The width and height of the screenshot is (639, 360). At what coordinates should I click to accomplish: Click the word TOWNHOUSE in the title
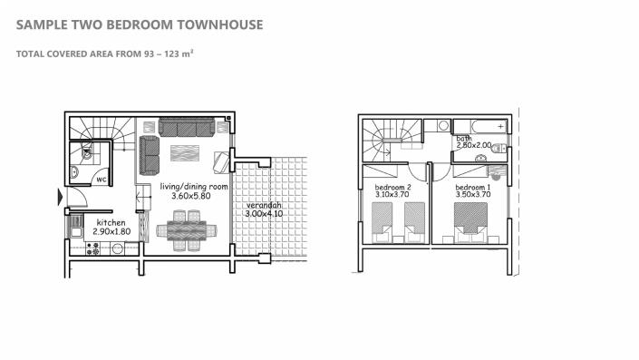220,24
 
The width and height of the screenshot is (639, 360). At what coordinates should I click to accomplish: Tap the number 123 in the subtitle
172,54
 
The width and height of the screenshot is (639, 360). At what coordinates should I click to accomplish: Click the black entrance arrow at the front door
61,197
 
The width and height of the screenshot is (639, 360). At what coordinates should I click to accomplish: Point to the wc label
102,180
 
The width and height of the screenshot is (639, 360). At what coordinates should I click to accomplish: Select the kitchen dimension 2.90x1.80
111,231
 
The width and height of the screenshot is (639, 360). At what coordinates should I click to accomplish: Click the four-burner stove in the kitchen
93,248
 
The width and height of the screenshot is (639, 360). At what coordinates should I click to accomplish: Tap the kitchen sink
76,228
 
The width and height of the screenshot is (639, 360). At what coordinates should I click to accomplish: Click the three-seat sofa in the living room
187,127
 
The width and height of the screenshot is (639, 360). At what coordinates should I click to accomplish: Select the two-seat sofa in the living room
150,155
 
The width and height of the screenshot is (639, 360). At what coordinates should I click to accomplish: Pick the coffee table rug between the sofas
185,153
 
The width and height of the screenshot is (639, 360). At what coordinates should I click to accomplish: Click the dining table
186,230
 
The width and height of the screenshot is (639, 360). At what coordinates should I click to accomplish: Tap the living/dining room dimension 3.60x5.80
190,196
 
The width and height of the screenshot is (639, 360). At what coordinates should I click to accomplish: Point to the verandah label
264,206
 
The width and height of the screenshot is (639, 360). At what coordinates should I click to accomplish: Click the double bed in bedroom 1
470,222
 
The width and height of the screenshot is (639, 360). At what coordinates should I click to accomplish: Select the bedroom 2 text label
392,187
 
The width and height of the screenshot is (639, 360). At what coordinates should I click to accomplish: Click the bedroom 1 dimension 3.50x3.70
473,194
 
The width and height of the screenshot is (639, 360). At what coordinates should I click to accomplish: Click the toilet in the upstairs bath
499,149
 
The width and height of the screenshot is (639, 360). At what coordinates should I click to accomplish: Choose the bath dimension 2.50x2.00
474,145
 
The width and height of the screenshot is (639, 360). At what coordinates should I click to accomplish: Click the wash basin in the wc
74,172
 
